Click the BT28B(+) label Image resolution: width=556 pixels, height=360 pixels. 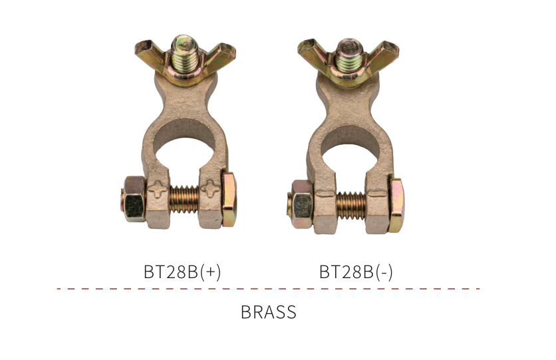tap(182, 272)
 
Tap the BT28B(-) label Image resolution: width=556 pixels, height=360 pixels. tap(356, 272)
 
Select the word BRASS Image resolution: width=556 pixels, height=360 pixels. tap(269, 312)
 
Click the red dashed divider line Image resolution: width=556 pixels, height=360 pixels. tap(269, 289)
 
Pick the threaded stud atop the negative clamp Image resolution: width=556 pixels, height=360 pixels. tap(350, 55)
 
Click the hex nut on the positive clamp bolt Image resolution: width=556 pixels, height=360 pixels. tap(134, 198)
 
